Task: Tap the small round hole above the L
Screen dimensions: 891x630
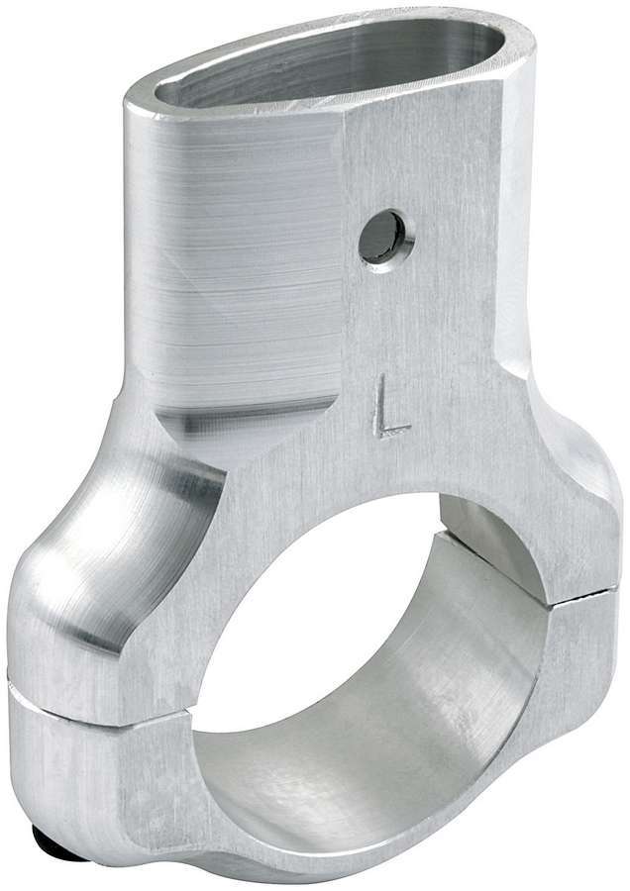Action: (x=382, y=237)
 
